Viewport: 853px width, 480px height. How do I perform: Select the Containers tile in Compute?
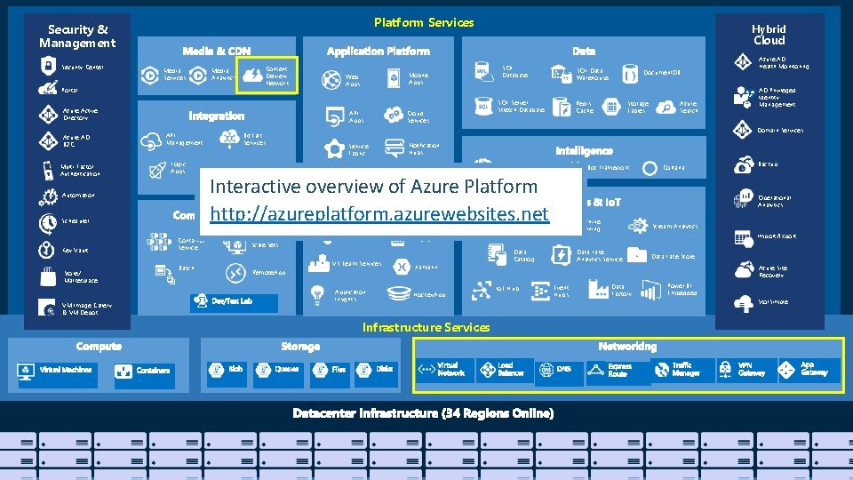point(143,371)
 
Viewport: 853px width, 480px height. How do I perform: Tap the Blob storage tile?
point(226,371)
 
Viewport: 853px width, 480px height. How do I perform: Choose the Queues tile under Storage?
point(277,371)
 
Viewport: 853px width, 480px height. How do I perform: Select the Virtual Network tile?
point(443,370)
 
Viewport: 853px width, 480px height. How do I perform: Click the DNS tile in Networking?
point(557,370)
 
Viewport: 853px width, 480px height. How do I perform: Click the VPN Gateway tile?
point(744,370)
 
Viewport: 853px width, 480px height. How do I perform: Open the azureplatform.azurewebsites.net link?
point(379,214)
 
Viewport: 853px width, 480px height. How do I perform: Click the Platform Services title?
point(424,22)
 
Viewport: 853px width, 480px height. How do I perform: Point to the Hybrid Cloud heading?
point(769,35)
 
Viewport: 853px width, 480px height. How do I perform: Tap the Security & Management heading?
point(77,36)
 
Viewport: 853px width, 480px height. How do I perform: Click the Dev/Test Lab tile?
point(233,302)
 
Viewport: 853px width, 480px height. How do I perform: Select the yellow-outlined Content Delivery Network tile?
point(265,75)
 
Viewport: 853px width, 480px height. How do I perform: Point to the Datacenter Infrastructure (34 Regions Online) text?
point(423,413)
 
